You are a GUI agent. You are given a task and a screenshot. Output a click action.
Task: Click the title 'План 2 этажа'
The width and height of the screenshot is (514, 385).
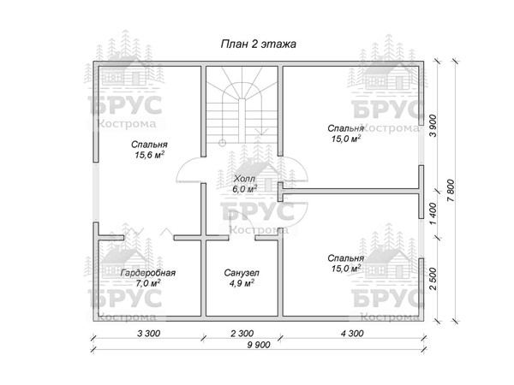pos(259,44)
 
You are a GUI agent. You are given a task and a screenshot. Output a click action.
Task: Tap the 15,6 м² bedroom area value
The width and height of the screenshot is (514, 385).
pos(149,155)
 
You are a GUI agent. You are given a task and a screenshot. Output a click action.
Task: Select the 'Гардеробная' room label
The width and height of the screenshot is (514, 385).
pos(148,273)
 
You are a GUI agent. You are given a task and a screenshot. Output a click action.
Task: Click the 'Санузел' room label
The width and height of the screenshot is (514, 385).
pos(242,273)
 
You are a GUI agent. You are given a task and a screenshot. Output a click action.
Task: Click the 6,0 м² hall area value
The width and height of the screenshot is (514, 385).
pos(244,189)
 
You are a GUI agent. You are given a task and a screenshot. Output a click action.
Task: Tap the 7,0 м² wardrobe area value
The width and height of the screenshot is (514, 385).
pos(148,283)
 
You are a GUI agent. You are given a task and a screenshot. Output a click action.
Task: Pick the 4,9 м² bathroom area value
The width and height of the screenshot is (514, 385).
pos(242,283)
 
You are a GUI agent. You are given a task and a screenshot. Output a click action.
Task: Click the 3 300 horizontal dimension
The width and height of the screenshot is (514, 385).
pos(148,334)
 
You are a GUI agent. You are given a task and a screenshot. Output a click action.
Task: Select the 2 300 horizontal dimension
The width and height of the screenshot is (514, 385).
pos(242,334)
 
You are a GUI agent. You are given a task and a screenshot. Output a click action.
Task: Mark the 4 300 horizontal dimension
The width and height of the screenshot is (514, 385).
pos(352,334)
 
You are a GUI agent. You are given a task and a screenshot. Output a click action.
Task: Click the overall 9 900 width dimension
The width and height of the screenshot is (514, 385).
pos(259,345)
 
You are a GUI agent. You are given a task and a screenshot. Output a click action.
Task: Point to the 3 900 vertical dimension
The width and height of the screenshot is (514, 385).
pos(433,126)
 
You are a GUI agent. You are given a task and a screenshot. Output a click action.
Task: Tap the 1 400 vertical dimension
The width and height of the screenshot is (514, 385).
pos(433,214)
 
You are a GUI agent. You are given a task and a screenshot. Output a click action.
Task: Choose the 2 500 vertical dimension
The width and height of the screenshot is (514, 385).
pos(433,279)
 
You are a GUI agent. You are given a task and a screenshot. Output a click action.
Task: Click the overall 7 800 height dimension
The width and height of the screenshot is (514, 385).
pos(451,191)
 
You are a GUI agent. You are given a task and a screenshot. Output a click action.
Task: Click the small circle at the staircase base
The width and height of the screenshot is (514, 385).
pos(222,143)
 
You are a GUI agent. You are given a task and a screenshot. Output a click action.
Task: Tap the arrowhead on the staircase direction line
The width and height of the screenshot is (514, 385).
pos(261,131)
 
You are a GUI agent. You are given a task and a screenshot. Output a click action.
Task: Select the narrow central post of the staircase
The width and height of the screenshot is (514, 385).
pos(242,121)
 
